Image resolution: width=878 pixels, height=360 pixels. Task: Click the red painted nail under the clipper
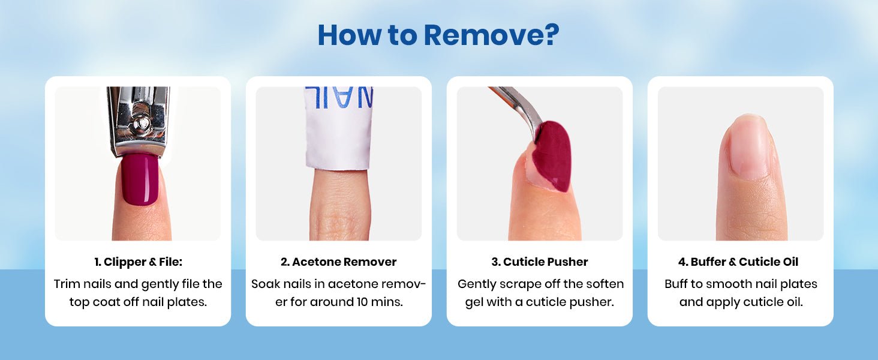click(140, 179)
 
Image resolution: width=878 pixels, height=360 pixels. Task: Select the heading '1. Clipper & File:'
click(138, 262)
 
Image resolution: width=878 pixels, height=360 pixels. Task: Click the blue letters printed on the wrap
click(339, 97)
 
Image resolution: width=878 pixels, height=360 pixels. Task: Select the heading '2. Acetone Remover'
click(339, 262)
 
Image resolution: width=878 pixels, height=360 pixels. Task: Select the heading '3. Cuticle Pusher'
click(540, 262)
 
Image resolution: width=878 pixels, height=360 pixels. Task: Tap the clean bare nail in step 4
click(748, 148)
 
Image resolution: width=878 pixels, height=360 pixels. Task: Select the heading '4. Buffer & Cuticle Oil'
click(738, 262)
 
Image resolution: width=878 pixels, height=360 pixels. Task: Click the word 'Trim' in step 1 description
click(65, 284)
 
